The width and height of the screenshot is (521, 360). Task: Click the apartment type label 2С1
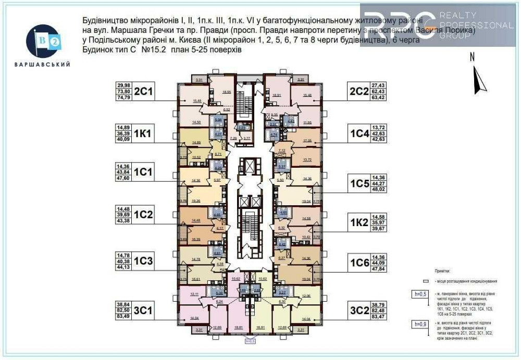[x=143, y=92]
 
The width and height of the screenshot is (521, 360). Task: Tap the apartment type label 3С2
[x=359, y=312]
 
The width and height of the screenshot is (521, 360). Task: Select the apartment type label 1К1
[x=142, y=134]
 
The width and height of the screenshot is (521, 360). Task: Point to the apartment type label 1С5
[x=359, y=183]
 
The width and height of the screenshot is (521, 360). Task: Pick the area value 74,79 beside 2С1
[x=123, y=97]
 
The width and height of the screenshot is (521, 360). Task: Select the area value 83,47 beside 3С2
[x=378, y=317]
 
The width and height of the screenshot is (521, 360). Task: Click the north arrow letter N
[x=472, y=58]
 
